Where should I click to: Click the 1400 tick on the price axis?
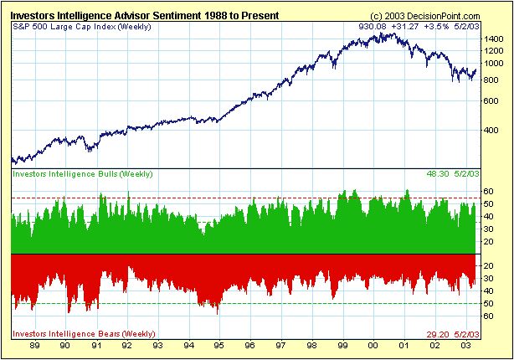(x=493, y=39)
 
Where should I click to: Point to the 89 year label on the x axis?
(x=36, y=345)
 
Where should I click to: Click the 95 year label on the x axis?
(x=218, y=345)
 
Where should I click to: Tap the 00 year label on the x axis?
(x=373, y=345)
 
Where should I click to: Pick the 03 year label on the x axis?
(x=465, y=345)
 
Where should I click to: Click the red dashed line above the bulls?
(x=251, y=198)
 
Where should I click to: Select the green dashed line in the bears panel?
(x=251, y=303)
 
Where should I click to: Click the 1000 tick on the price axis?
(x=493, y=64)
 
